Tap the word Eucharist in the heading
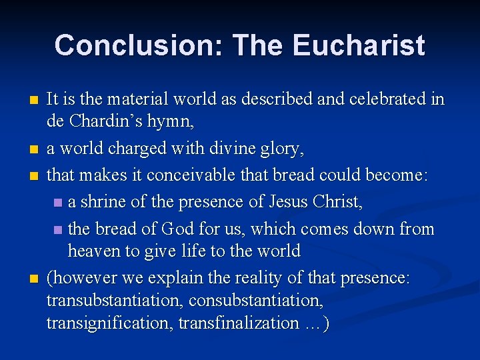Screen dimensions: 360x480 [358, 45]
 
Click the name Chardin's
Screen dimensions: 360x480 [104, 123]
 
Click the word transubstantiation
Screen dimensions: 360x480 [115, 301]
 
